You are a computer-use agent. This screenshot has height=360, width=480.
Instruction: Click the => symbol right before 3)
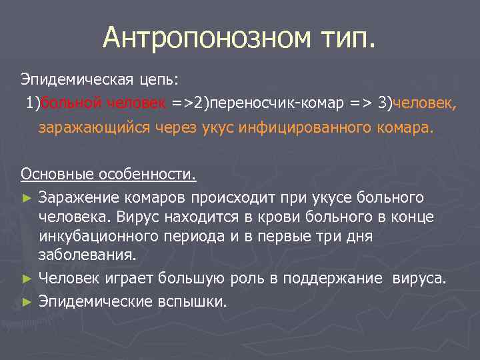click(x=360, y=103)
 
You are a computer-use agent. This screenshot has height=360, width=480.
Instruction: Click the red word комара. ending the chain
click(x=407, y=127)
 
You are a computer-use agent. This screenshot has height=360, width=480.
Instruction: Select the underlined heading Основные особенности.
click(x=109, y=174)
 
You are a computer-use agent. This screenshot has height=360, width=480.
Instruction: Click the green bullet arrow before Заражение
click(x=27, y=199)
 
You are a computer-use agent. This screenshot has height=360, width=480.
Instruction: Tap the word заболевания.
click(x=87, y=254)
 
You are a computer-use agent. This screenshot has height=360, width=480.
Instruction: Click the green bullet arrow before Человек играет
click(x=27, y=278)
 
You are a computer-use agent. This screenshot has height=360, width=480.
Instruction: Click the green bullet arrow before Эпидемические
click(x=27, y=302)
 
